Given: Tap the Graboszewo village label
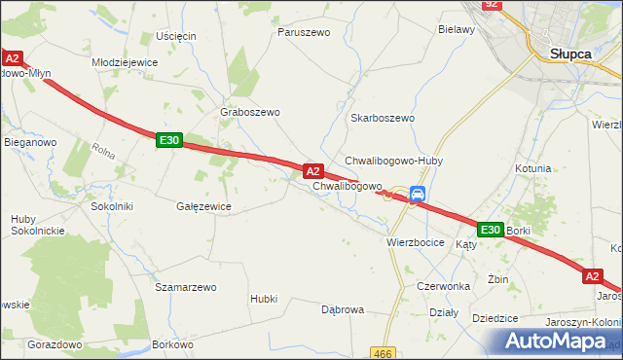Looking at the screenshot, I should [251, 112].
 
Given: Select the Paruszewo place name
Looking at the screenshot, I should [304, 32].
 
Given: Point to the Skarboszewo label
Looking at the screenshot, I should [383, 118].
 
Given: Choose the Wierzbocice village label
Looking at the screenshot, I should [416, 242].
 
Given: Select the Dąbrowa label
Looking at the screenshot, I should [343, 309].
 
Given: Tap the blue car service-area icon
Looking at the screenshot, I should [418, 194].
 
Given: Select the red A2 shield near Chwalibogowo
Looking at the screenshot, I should [313, 170].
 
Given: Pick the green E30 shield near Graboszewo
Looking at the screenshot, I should [168, 141].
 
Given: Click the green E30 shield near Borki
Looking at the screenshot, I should [490, 230].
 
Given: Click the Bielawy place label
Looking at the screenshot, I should [457, 30].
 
